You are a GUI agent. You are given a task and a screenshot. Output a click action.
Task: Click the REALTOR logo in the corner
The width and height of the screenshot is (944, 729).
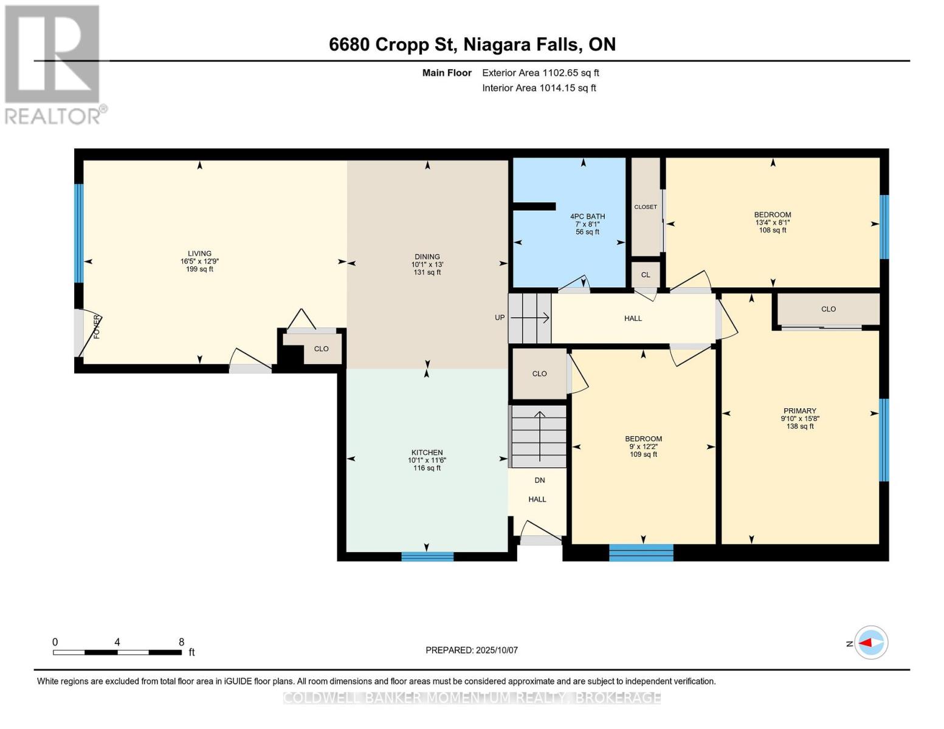[x=53, y=64]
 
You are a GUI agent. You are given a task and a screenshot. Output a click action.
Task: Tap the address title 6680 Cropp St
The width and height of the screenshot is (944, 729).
[x=472, y=44]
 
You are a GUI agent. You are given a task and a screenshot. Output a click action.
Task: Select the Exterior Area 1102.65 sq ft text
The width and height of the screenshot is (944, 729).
[x=540, y=73]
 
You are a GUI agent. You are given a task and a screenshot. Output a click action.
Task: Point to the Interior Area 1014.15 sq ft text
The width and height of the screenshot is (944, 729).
[x=539, y=88]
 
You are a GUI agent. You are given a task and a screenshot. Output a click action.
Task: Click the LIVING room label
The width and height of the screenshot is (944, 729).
[x=199, y=253]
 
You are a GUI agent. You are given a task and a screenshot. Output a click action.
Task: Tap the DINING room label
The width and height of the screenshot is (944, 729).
[x=427, y=257]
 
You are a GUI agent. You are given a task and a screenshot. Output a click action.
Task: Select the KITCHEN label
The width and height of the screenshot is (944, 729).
[x=427, y=453]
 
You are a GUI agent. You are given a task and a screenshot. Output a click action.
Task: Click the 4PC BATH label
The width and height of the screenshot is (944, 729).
[x=587, y=216]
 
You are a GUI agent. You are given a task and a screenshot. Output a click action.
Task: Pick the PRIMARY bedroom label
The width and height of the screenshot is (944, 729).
[x=799, y=411]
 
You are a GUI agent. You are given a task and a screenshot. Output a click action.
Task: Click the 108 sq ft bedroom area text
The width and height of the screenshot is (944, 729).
[x=773, y=230]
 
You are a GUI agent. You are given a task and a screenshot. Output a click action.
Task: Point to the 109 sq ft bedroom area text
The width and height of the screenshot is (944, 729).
[x=643, y=454]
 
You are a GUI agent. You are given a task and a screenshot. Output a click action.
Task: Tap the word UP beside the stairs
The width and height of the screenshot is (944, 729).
[x=500, y=318]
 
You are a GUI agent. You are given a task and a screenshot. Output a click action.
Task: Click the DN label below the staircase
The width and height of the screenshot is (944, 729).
[x=539, y=481]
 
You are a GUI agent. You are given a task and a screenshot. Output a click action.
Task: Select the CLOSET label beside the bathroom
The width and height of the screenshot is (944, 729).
[x=646, y=207]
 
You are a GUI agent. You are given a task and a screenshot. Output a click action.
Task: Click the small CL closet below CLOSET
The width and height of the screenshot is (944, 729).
[x=646, y=275]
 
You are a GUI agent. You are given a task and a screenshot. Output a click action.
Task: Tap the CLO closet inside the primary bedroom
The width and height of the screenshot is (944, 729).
[x=829, y=309]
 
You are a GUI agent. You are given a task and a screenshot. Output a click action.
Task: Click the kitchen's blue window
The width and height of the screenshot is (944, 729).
[x=427, y=556]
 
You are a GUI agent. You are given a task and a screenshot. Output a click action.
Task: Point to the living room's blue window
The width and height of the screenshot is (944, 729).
[x=78, y=233]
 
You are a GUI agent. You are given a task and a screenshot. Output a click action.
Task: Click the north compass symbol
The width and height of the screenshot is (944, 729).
[x=871, y=643]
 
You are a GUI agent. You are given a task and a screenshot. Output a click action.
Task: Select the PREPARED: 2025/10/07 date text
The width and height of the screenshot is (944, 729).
[x=472, y=650]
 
